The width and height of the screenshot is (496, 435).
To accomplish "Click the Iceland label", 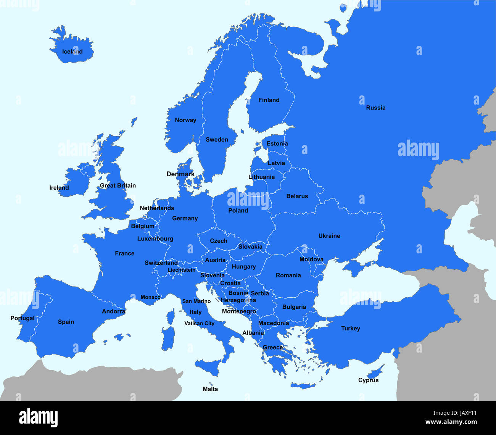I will [72, 52].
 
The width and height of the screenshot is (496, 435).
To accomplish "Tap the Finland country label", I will [269, 100].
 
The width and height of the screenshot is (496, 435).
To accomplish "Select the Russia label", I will [375, 108].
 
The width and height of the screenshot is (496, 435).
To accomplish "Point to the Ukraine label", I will [329, 236].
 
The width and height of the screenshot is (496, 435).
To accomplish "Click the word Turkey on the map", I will [350, 328].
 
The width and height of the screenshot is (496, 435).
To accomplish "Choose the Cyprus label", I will [368, 380].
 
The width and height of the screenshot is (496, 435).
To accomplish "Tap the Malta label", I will [210, 389].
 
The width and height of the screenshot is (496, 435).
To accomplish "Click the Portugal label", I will [22, 318].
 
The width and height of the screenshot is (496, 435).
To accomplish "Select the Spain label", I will [66, 322].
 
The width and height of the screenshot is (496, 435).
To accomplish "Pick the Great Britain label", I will [118, 185].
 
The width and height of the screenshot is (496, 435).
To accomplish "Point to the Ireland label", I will [59, 188].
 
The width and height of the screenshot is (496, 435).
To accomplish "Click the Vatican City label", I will [199, 323].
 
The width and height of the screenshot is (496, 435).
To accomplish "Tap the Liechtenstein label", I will [181, 270].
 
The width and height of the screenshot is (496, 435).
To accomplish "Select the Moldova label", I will [311, 259].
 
